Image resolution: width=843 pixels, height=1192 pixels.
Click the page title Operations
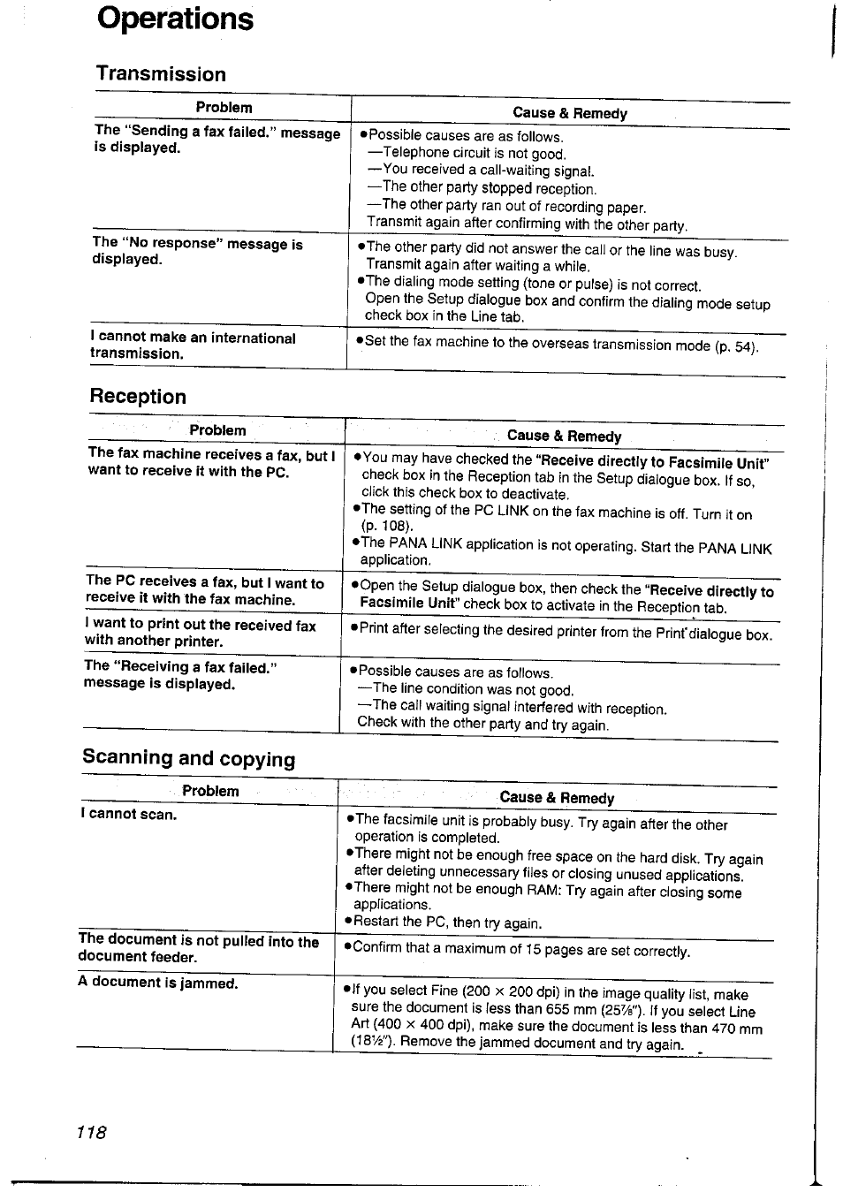[175, 19]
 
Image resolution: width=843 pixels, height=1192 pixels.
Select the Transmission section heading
[161, 74]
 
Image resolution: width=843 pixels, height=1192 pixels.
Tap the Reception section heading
[138, 397]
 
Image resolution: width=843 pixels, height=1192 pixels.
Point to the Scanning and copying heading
[189, 758]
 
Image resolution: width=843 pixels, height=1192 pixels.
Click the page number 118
[91, 1132]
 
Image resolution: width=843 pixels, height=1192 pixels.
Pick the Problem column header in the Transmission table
[224, 108]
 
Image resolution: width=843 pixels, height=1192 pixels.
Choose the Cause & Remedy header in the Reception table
[564, 436]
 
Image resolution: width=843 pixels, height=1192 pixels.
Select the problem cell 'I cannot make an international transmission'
[193, 345]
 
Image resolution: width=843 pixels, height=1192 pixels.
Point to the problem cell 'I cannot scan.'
[128, 815]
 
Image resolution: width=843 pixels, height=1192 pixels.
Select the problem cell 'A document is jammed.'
[157, 983]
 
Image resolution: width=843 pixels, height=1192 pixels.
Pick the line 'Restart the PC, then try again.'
[447, 922]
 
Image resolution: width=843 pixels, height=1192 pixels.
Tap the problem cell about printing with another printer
[200, 633]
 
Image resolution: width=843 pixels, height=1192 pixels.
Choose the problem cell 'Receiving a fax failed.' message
[180, 675]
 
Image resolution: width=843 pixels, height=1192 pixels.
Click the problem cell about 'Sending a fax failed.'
[216, 140]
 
